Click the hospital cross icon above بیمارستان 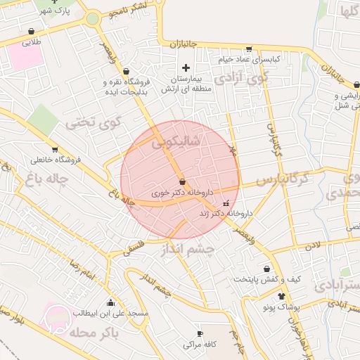click(x=186, y=67)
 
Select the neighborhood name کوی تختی click(x=94, y=122)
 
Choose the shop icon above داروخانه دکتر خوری click(x=183, y=181)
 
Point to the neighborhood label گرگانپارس click(x=282, y=180)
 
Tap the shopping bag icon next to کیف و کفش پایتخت click(x=266, y=269)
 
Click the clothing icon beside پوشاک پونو click(x=282, y=297)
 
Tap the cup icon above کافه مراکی click(x=200, y=333)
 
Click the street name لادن click(x=312, y=244)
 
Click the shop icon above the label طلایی click(x=32, y=32)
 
